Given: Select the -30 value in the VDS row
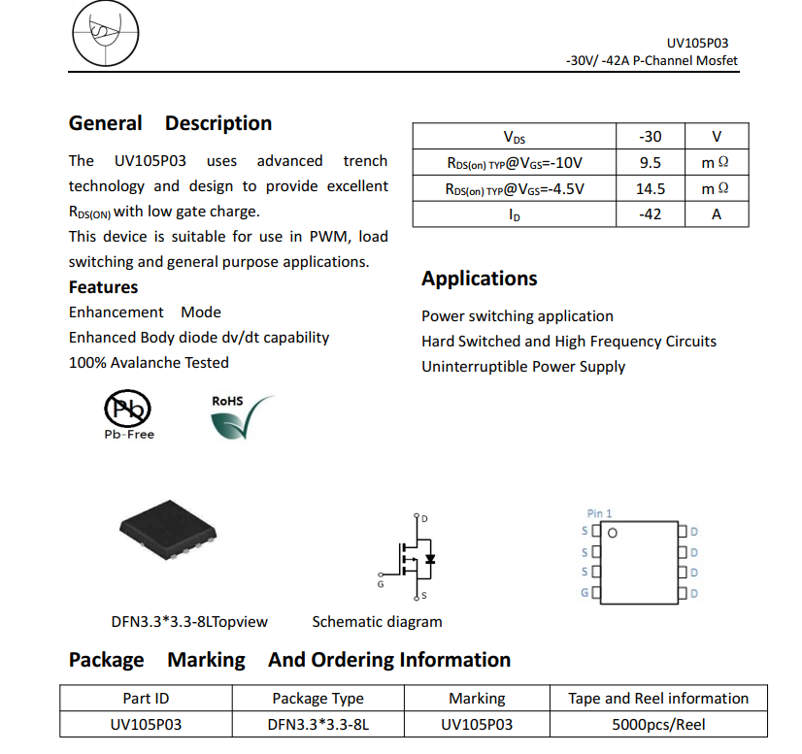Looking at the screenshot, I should (651, 137).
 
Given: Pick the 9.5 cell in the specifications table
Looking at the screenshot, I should (651, 163).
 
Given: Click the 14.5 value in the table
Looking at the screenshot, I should (651, 188).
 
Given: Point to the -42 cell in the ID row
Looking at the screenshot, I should (651, 214).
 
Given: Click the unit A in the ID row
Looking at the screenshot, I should (717, 214).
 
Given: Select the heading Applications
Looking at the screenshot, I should (479, 279).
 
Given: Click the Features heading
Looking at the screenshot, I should (103, 287).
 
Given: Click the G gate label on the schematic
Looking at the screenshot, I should (380, 584).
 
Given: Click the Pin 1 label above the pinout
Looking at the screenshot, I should (600, 513).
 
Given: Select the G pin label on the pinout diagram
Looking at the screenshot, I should (585, 592).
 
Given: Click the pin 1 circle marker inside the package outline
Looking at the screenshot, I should (612, 532).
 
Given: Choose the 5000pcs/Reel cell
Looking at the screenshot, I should (658, 724).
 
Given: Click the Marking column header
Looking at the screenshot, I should (477, 698).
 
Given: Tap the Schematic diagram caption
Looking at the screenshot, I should (377, 622).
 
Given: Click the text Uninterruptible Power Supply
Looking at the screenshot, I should (523, 367).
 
